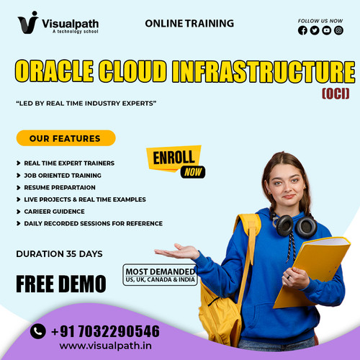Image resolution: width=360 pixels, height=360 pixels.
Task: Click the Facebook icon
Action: [302, 30]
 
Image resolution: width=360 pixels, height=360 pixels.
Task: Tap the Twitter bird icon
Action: [315, 30]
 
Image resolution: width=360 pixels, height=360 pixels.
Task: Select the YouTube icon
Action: [327, 30]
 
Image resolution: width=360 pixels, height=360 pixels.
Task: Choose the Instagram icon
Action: [338, 30]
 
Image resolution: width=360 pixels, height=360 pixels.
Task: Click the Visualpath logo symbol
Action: [28, 22]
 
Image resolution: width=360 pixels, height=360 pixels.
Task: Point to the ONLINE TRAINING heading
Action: [189, 23]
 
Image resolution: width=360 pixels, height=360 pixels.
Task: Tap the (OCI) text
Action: [335, 93]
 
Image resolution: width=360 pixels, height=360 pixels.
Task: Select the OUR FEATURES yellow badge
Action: [66, 138]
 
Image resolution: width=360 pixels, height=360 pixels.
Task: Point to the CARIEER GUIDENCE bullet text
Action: [55, 211]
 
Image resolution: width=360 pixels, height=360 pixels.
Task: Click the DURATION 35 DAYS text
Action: [59, 253]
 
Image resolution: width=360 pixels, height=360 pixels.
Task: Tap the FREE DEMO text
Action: [61, 283]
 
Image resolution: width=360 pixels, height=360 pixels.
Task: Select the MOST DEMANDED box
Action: [160, 276]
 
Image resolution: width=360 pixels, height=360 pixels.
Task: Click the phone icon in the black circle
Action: [38, 331]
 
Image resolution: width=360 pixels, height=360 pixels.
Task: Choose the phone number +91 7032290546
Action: [105, 331]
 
